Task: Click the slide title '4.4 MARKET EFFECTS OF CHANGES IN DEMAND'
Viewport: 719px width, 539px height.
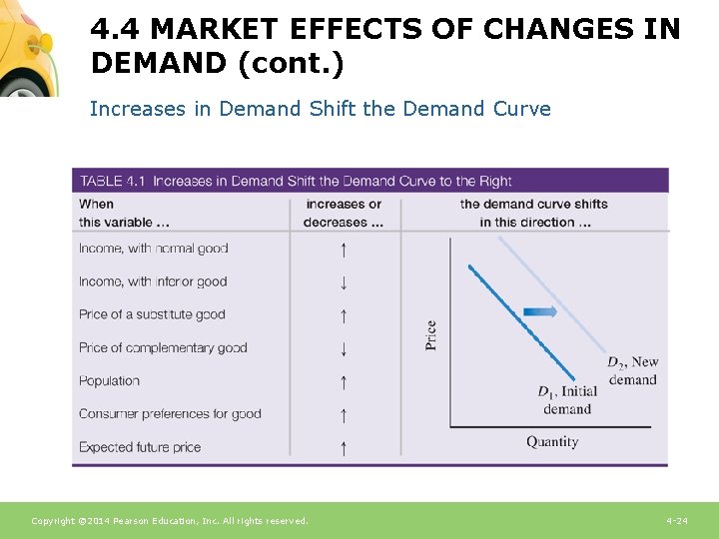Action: coord(384,45)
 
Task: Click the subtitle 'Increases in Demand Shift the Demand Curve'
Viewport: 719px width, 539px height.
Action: coord(320,109)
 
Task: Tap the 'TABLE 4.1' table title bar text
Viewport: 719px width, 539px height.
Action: coord(295,181)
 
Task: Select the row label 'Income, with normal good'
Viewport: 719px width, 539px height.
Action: coord(154,249)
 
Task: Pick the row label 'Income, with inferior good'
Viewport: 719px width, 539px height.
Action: coord(153,281)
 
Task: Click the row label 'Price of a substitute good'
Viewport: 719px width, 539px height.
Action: coord(152,314)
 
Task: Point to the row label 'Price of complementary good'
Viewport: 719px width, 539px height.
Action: coord(163,347)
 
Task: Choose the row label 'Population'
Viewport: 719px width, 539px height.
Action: coord(109,380)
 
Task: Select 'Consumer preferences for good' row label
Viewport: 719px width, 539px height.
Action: coord(170,413)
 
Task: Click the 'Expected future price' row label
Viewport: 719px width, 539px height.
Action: coord(140,447)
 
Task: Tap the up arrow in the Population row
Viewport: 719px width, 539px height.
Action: coord(343,381)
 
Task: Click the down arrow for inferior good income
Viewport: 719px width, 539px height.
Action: coord(343,282)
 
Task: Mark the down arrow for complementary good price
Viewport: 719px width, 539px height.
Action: coord(343,348)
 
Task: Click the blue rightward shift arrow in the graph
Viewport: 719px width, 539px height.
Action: coord(540,311)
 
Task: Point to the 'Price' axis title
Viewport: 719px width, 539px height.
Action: coord(430,334)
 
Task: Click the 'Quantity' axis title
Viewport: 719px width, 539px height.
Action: coord(552,441)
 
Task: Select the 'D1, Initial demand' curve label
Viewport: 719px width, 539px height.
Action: coord(568,399)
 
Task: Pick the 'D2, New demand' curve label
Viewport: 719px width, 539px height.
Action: coord(633,370)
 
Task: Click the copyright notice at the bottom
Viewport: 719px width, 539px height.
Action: coord(170,521)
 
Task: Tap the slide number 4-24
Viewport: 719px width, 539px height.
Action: coord(676,521)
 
